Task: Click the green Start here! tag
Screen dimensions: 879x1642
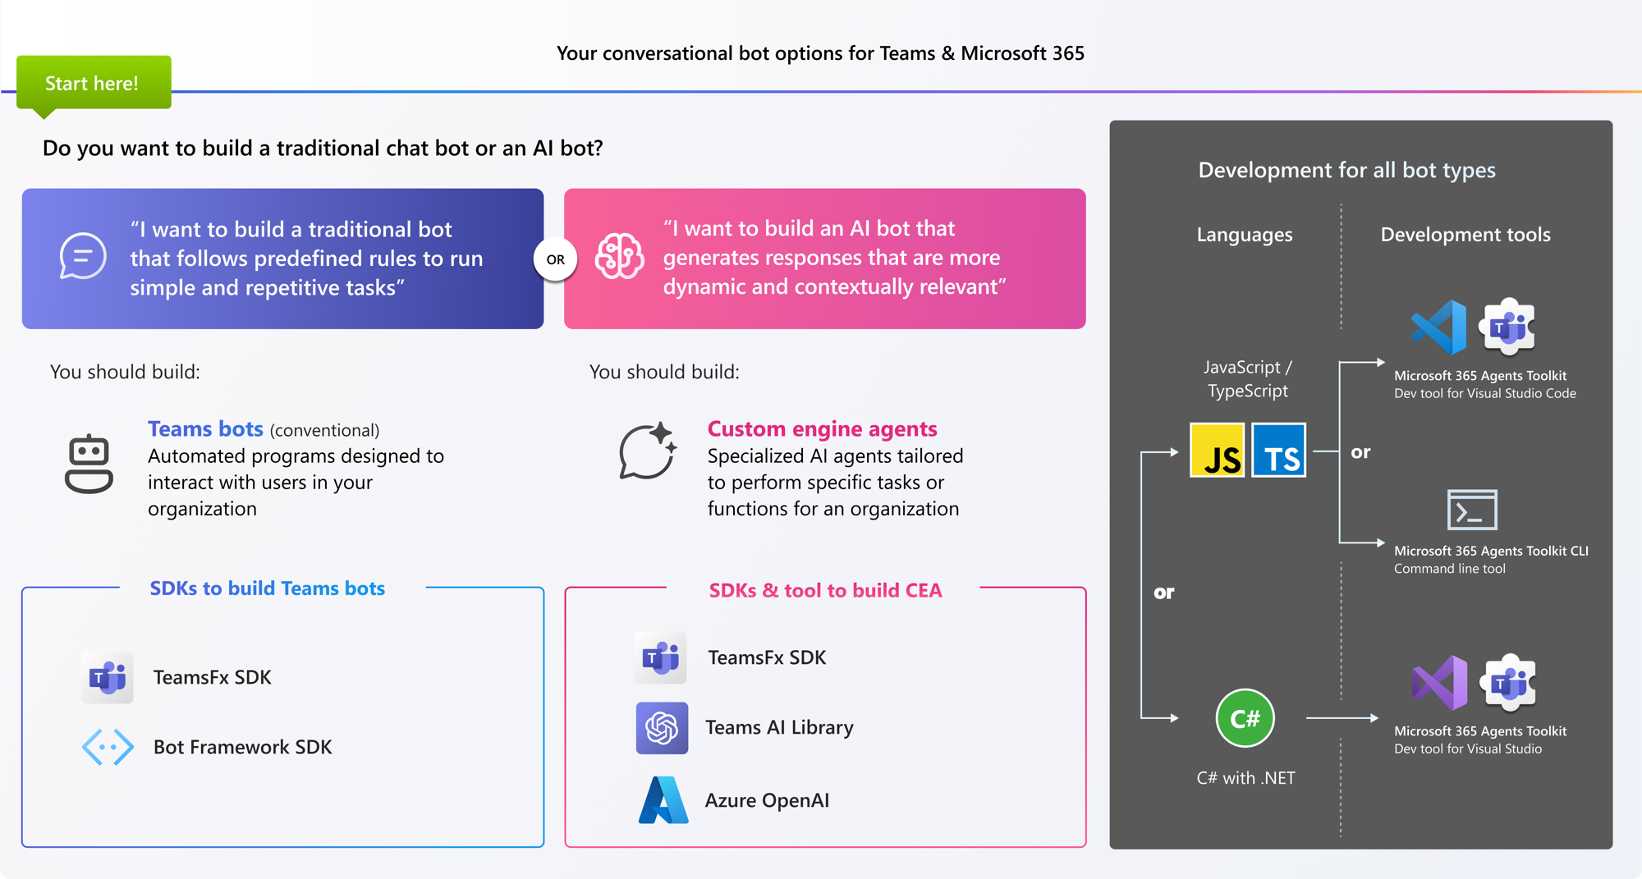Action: [x=93, y=83]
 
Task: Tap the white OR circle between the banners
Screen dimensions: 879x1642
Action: [x=555, y=259]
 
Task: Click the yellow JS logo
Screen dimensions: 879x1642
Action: [x=1217, y=451]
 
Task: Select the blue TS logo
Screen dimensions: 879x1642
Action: [x=1279, y=451]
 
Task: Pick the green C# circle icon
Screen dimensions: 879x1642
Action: [x=1245, y=718]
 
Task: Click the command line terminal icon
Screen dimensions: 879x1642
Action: [x=1471, y=510]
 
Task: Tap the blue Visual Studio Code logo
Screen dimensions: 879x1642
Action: [x=1439, y=327]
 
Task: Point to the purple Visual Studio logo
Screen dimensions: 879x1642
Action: [x=1439, y=683]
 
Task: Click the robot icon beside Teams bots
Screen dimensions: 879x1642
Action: [x=89, y=464]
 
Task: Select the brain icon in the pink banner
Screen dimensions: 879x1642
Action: [x=619, y=257]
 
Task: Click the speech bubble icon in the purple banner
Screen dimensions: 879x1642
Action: [x=83, y=257]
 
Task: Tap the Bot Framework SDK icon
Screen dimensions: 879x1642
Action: [x=108, y=747]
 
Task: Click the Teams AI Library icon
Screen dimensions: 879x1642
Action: [x=662, y=728]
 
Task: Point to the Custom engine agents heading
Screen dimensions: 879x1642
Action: [x=822, y=429]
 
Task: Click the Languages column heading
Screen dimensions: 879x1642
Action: [x=1244, y=235]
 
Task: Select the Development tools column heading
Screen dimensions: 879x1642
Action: [x=1465, y=235]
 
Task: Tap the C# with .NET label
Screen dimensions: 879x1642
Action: [x=1245, y=778]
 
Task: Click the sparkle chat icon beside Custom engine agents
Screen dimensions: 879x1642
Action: [x=648, y=451]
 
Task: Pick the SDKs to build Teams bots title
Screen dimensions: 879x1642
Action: [x=267, y=588]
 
